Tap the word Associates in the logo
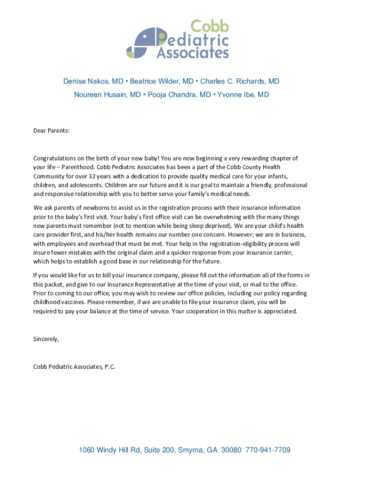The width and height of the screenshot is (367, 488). coord(193,52)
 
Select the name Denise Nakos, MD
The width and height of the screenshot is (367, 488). coord(93,81)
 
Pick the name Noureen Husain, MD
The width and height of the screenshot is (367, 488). coord(107,95)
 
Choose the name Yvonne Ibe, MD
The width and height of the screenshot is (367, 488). coord(243,95)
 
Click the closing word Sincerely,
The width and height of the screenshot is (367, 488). coord(46,339)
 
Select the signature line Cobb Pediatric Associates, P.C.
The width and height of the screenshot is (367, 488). coord(74,366)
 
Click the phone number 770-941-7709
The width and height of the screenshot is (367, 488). coord(268,450)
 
